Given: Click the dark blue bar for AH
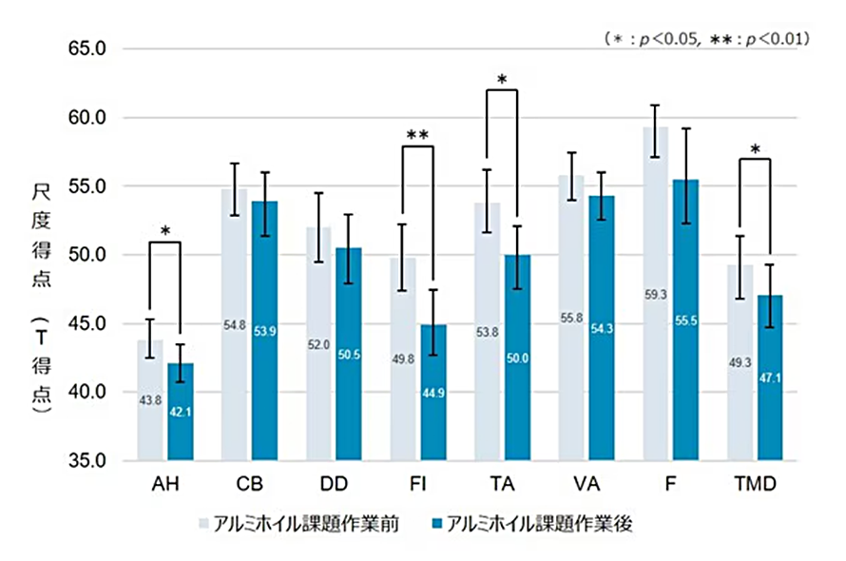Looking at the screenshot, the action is (181, 412).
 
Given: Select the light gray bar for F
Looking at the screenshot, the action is (655, 294).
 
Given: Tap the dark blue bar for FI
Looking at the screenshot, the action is (433, 393).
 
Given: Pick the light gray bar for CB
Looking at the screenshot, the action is (234, 324).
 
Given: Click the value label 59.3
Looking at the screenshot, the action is (656, 295).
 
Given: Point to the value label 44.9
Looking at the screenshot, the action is (433, 393).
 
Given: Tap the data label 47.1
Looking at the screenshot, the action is (770, 377).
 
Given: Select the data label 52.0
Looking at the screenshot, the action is (318, 344).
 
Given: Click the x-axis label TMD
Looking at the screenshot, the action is (755, 484).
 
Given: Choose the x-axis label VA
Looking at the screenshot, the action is (586, 484).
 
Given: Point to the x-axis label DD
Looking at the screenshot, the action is (334, 484).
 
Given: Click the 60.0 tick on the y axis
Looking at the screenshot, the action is (87, 117).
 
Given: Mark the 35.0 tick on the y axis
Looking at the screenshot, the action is (87, 460).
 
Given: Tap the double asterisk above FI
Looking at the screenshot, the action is (417, 134).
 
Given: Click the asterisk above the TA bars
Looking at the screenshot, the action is (502, 79).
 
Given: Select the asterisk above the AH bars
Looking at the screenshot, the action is (165, 231).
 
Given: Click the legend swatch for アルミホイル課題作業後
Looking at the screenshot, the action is (437, 523).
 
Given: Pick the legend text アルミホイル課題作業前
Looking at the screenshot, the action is (306, 523).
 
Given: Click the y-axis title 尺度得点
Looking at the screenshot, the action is (41, 235).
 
